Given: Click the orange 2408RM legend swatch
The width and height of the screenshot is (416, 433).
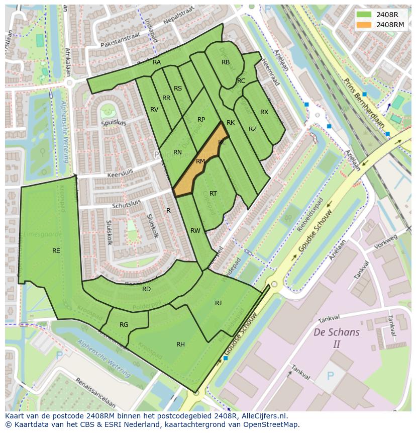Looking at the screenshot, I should point(364,25).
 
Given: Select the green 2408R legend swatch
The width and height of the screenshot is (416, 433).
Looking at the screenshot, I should point(364,15).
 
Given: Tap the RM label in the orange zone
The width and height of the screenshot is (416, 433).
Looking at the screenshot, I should point(200,161).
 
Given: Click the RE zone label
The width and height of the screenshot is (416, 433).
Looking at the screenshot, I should point(56,250).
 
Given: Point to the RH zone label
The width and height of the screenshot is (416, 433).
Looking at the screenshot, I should point(180,344).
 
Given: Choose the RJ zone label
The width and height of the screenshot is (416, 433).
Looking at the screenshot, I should point(218,303).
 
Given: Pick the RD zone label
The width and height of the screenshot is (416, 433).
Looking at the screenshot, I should point(146,289).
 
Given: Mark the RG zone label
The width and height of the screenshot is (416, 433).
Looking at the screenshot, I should point(124,324).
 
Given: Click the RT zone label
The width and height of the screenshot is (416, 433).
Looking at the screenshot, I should point(213,193).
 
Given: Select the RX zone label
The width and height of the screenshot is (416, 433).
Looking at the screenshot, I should point(264,112).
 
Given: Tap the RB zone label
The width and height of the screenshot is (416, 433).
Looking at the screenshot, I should point(226,62).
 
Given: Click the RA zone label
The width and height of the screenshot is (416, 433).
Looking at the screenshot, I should point(157,62).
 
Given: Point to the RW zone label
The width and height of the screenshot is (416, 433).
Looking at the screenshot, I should point(195,231).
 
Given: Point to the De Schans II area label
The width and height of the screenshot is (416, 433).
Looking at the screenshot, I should point(336,338).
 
